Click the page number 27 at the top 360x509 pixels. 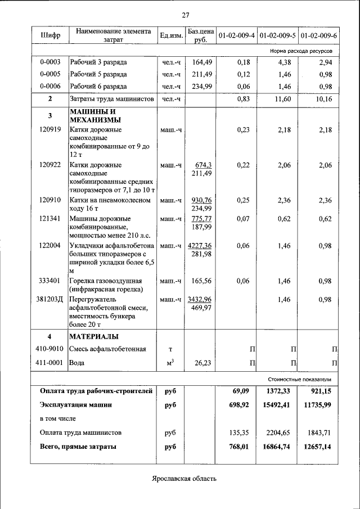185,15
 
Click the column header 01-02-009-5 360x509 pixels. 277,35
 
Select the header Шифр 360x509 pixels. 50,35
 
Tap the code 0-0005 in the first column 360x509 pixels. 50,74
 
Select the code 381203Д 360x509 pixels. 50,299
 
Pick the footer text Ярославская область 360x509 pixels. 184,479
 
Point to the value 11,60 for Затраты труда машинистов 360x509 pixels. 286,99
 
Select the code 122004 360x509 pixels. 50,246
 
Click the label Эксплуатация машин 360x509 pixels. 76,404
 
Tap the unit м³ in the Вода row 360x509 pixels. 169,363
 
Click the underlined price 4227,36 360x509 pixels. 200,246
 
